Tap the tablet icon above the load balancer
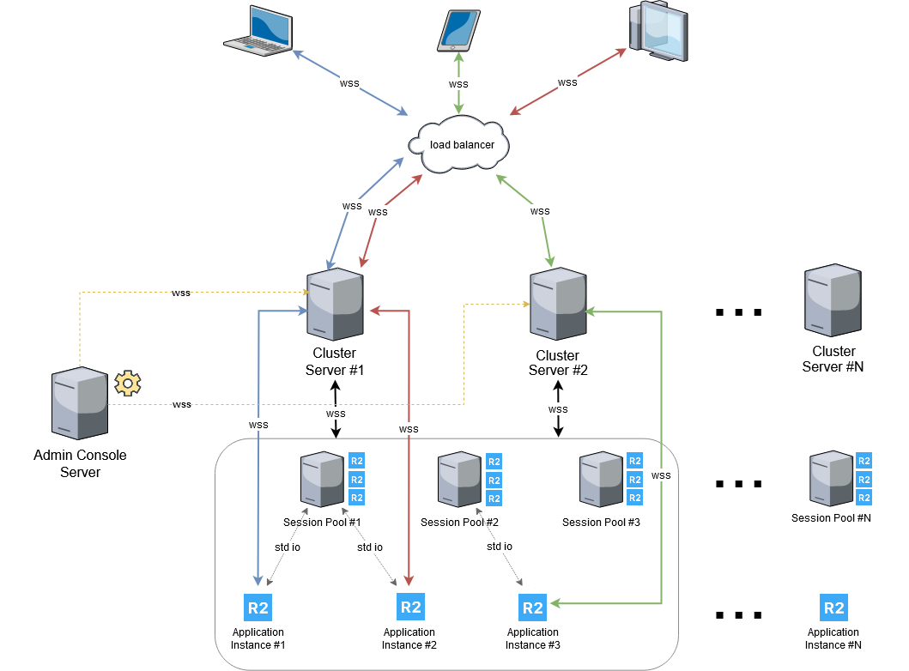point(458,32)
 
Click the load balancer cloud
point(460,143)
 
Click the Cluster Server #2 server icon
point(558,305)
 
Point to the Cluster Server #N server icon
point(833,301)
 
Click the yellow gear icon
point(128,383)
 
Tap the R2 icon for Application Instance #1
point(258,608)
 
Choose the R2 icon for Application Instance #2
point(411,607)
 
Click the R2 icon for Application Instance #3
point(533,608)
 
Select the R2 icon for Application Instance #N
point(833,608)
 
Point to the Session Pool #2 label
point(459,522)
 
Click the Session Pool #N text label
point(831,517)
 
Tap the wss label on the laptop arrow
point(349,83)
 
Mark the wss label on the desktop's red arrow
point(567,82)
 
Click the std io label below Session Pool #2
point(500,547)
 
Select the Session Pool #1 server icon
point(322,481)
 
